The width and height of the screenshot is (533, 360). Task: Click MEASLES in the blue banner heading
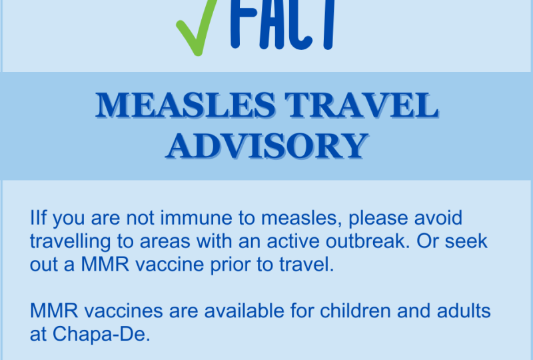click(x=186, y=105)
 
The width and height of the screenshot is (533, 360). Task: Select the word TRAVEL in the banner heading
click(x=361, y=105)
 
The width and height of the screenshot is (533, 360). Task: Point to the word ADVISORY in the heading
click(x=268, y=146)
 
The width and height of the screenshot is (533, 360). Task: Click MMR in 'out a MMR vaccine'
click(x=105, y=265)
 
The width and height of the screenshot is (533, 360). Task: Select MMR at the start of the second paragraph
click(x=54, y=311)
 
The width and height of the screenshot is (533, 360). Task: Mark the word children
click(x=355, y=311)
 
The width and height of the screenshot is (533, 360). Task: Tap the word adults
click(x=464, y=311)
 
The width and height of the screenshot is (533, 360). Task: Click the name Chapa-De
click(x=101, y=334)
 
